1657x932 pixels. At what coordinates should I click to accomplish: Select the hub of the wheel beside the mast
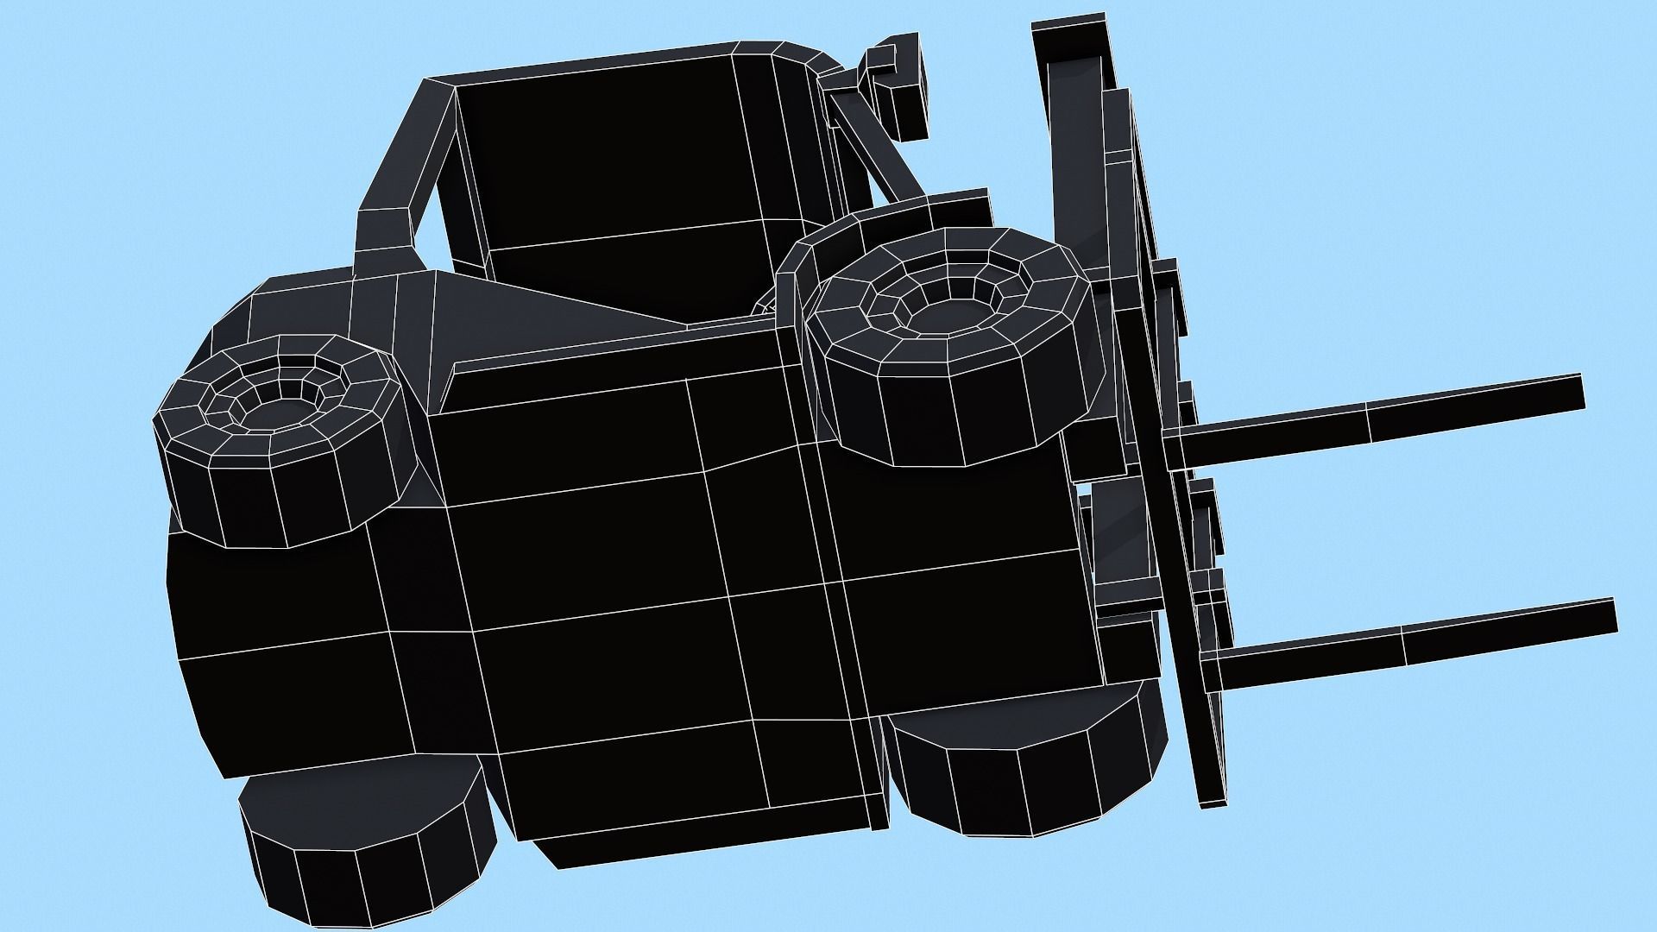pos(948,313)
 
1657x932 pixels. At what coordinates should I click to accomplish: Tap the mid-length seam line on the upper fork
pos(1368,423)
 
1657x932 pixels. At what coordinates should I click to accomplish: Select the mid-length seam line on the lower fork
pos(1402,647)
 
